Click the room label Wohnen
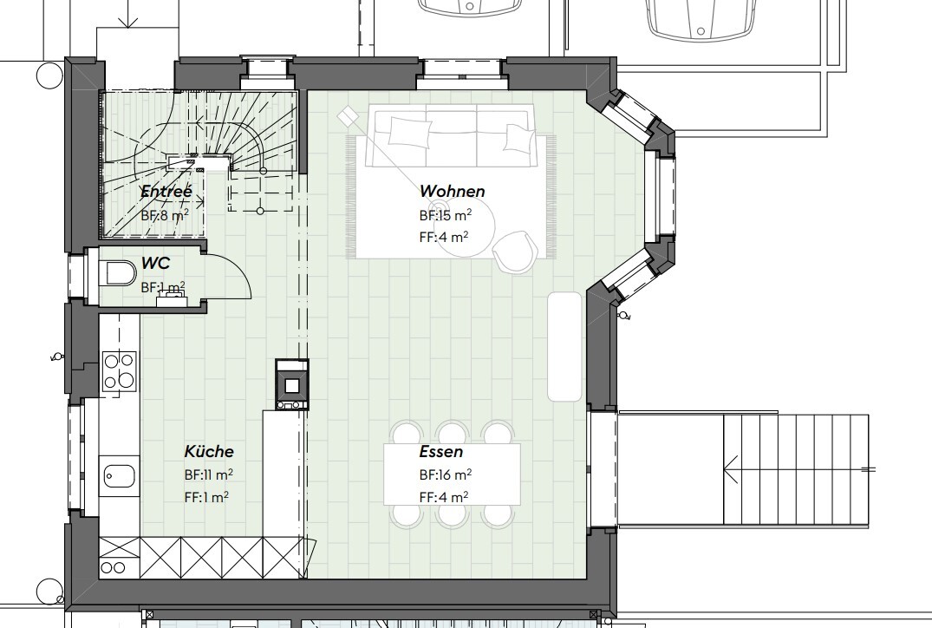point(452,191)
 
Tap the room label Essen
point(440,452)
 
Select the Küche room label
point(208,452)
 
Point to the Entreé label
point(166,192)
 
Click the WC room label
point(155,264)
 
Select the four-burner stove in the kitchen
point(118,370)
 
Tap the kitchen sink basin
point(118,475)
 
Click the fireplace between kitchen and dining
point(291,384)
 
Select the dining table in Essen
point(452,474)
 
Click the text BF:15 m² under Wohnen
point(445,214)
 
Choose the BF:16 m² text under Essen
point(445,475)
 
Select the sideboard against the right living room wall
point(564,346)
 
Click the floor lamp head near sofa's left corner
point(348,114)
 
